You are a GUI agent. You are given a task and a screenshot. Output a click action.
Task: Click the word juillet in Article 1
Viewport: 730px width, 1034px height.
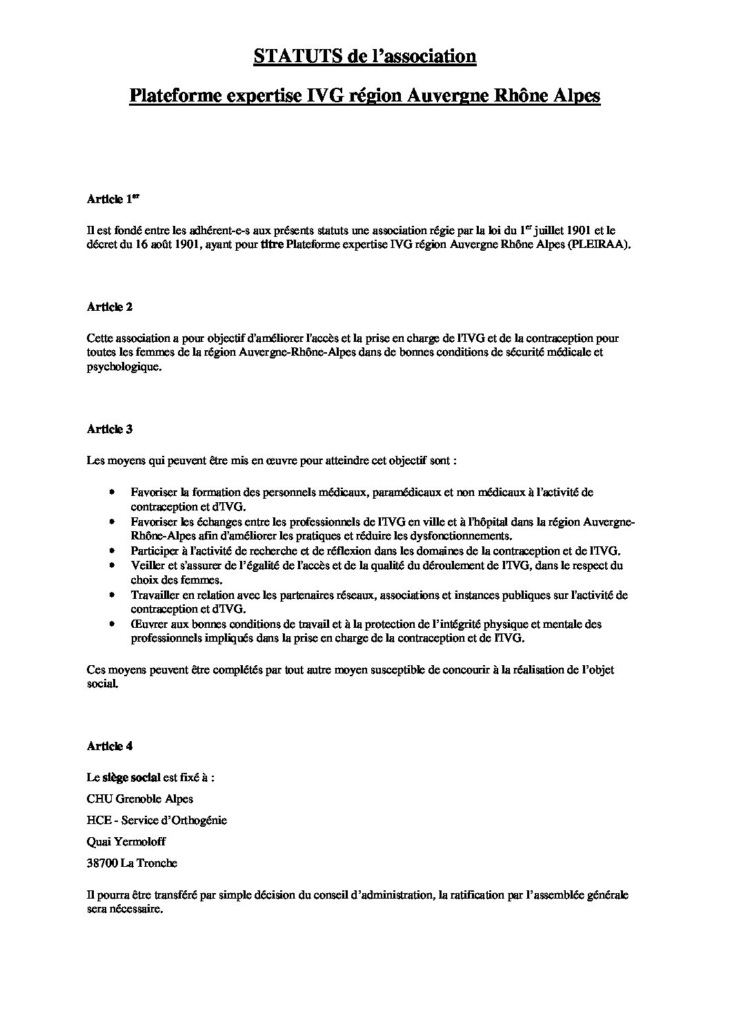(x=550, y=230)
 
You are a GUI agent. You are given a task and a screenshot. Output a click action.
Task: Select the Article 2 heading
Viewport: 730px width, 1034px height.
(x=109, y=307)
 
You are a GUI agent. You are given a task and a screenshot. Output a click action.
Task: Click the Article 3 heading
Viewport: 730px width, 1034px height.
(x=109, y=429)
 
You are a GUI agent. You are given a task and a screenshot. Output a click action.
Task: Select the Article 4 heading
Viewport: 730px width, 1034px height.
(x=109, y=746)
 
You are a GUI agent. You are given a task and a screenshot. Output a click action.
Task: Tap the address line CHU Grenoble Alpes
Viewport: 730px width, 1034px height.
(x=140, y=799)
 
